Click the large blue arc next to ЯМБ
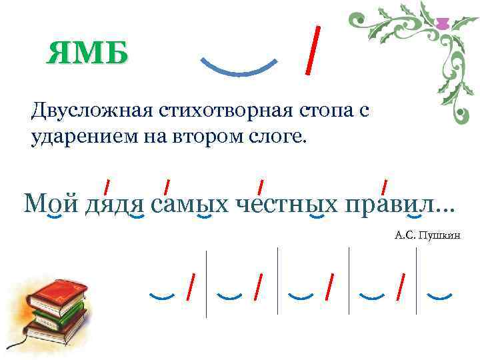point(239,67)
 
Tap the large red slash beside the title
point(311,49)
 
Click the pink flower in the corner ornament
point(441,25)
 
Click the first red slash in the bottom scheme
point(191,287)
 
